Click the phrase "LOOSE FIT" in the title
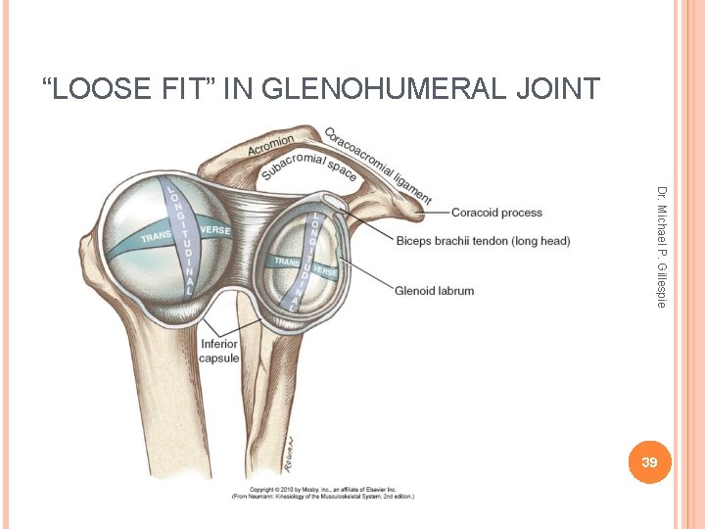click(123, 89)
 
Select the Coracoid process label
click(496, 213)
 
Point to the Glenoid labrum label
click(434, 290)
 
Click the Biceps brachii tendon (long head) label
click(483, 241)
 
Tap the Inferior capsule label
click(219, 351)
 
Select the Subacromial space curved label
click(306, 167)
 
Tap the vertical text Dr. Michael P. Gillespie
click(662, 247)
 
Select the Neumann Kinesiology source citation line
click(323, 496)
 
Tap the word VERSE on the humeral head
click(215, 229)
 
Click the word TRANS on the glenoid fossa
click(286, 262)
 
